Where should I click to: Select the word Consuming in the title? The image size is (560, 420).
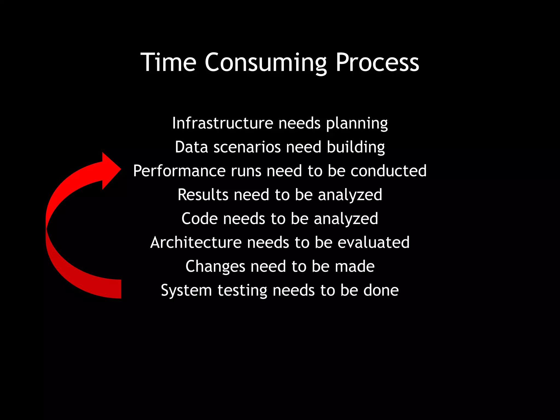(x=266, y=63)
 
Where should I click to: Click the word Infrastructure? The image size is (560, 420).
(x=222, y=123)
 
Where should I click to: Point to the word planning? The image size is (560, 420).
(x=357, y=124)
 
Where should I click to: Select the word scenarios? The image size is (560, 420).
(x=247, y=147)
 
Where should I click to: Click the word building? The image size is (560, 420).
(x=356, y=147)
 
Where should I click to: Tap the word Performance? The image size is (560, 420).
(x=179, y=171)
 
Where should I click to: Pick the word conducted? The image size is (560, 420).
(x=388, y=171)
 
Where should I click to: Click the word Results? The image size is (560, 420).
(x=203, y=195)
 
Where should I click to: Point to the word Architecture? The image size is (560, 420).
(x=196, y=243)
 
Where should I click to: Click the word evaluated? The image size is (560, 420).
(x=374, y=243)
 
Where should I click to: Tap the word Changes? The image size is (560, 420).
(x=215, y=267)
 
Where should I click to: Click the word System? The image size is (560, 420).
(x=186, y=290)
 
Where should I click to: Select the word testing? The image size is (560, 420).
(x=242, y=290)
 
